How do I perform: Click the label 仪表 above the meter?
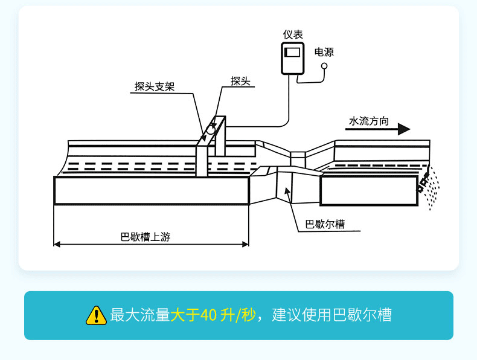[293, 35]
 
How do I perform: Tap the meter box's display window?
[293, 51]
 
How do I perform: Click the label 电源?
[324, 52]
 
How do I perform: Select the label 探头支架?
[155, 86]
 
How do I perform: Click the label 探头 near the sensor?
[240, 81]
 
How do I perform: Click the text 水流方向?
[369, 121]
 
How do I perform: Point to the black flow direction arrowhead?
[404, 129]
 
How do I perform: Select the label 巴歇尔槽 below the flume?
[325, 225]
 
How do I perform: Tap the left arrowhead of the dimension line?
[57, 244]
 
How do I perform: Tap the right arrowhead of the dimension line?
[245, 244]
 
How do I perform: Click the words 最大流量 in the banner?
[140, 315]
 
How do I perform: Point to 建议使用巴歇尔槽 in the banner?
[331, 315]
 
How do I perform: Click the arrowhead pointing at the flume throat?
[287, 193]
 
